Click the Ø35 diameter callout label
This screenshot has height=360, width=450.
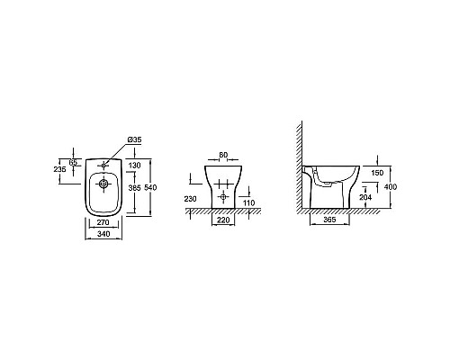click(x=134, y=139)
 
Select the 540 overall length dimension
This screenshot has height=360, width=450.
click(x=150, y=187)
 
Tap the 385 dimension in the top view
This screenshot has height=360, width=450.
click(x=134, y=188)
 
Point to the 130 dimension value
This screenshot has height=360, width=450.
click(x=134, y=166)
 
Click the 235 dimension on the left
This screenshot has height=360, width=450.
click(x=59, y=169)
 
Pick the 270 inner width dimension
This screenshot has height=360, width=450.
click(x=103, y=222)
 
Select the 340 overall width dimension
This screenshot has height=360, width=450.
click(x=103, y=234)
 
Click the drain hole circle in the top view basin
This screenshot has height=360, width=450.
click(x=103, y=184)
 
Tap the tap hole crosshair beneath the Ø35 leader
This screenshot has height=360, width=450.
click(x=103, y=165)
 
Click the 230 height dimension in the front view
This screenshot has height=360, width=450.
click(x=190, y=199)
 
